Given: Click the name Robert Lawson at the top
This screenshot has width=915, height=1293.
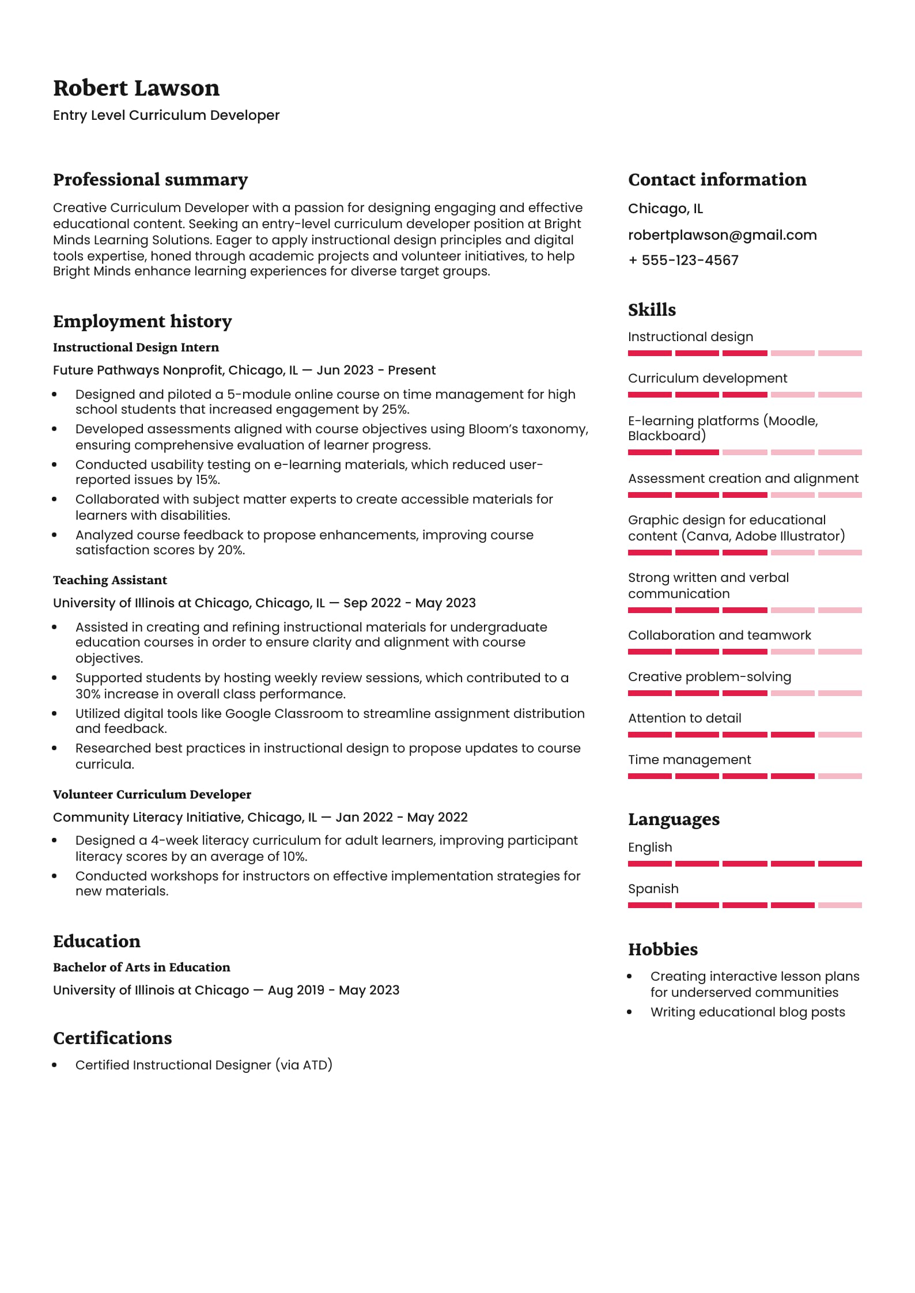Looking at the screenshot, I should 136,88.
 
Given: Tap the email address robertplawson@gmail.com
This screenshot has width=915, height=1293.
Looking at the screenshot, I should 722,235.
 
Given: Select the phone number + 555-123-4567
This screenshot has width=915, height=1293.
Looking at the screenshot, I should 683,260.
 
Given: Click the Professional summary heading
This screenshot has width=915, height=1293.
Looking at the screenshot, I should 150,180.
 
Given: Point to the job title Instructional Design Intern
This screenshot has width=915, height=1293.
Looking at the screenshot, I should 136,347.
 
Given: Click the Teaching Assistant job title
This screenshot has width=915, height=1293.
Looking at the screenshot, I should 110,580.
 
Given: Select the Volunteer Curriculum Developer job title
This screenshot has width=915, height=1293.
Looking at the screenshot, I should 152,795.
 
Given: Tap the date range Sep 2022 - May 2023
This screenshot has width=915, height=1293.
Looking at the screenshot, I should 409,603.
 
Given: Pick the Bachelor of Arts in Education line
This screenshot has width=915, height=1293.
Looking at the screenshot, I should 141,967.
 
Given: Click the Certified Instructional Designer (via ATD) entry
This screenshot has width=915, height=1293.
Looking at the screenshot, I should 204,1065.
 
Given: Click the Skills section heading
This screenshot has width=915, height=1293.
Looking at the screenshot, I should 652,310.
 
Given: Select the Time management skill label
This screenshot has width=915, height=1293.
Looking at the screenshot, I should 689,760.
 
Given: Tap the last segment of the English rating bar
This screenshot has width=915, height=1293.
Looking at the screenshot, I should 840,864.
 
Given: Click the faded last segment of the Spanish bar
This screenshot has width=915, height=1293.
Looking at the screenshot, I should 840,905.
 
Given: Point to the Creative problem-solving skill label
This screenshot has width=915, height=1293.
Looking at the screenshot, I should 709,677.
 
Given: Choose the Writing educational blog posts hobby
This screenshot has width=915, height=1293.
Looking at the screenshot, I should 747,1012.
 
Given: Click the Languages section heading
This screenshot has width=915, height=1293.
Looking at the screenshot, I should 674,819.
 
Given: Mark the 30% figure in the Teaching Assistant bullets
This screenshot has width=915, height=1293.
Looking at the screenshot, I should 88,694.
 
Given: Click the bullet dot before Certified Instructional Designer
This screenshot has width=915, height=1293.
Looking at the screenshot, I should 55,1065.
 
